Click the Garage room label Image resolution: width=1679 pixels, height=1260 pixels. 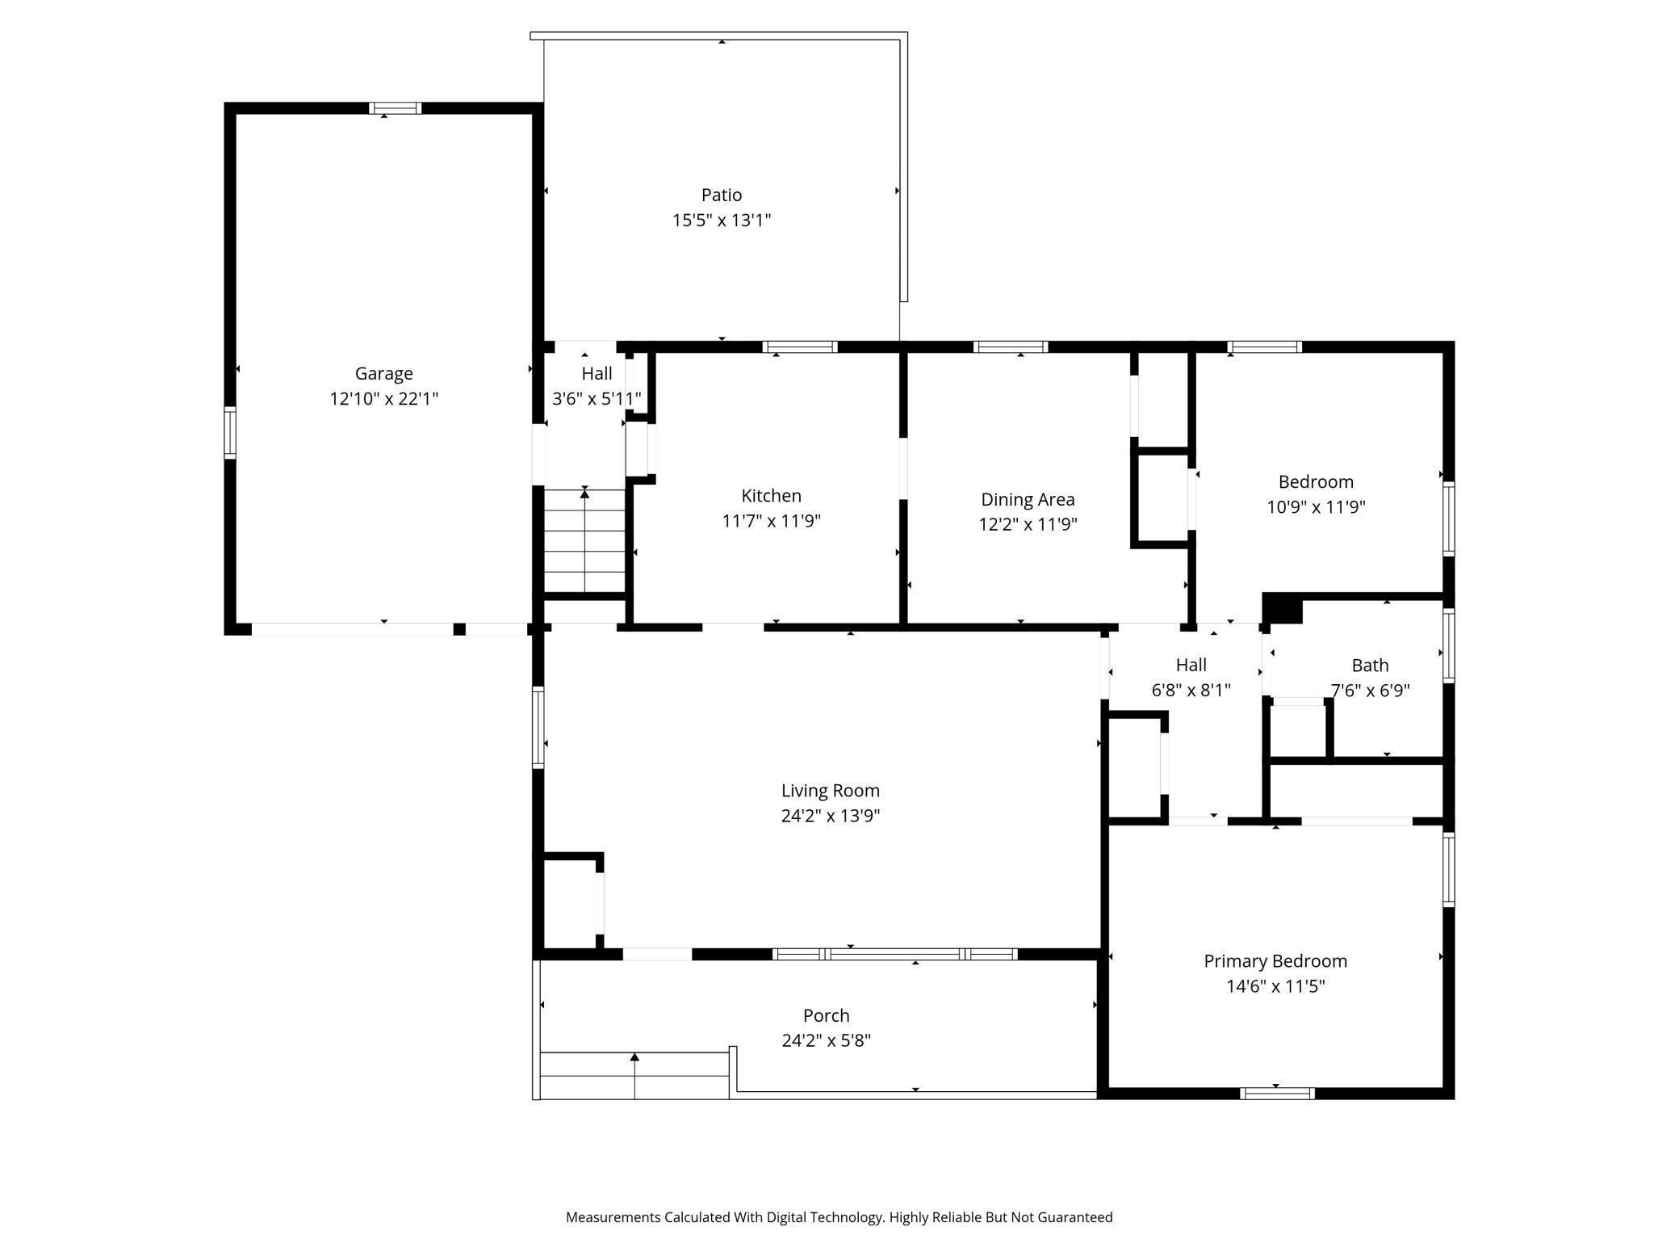383,373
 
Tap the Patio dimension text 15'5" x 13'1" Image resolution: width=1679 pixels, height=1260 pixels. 722,220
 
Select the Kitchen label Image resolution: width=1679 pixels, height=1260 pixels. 771,495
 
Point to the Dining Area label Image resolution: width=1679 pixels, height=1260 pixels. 1028,499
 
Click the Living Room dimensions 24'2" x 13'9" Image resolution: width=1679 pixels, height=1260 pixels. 830,815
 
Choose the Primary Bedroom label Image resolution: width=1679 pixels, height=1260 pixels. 1275,960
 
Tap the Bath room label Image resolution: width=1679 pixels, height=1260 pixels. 1370,665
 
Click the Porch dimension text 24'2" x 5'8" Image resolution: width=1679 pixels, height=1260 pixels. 826,1040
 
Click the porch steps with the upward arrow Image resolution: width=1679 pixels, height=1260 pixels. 634,1076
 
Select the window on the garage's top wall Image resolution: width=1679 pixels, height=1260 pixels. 395,108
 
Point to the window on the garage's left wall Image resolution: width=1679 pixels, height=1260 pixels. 230,434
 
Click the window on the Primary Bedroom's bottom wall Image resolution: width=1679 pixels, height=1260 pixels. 1276,1094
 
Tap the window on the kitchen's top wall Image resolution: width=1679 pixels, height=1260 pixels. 800,347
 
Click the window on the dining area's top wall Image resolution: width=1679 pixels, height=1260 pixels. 1011,347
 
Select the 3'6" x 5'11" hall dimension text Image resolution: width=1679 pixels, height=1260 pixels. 597,398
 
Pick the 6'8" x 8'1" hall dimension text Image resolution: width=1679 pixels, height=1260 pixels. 1191,690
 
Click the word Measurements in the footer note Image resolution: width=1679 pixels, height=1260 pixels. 613,1217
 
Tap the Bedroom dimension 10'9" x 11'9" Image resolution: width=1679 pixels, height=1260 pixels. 1316,506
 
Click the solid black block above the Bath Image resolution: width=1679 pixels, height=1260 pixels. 1283,608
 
